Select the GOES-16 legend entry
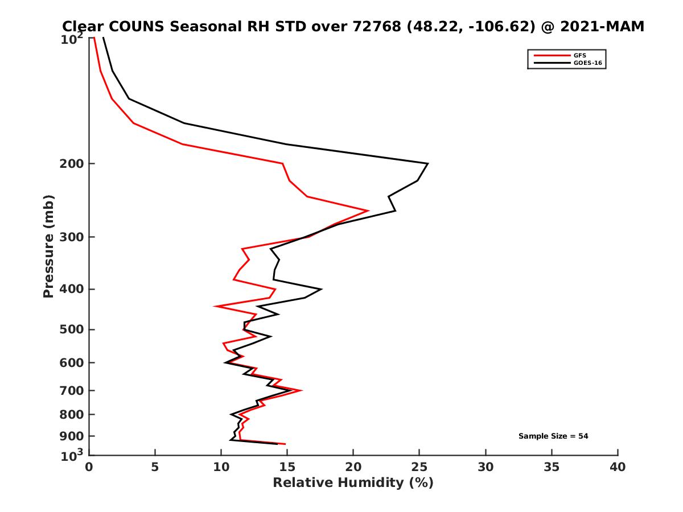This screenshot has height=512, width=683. pos(587,63)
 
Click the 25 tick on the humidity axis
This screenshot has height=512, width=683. pos(419,467)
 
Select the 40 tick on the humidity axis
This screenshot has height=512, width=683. pos(618,467)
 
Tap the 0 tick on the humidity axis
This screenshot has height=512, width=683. pos(89,467)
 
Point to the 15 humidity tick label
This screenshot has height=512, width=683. pos(287,467)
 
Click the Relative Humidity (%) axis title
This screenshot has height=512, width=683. pos(353,483)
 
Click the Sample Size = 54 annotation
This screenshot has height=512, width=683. pos(553,436)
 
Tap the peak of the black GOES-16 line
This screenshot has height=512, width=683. pos(427,164)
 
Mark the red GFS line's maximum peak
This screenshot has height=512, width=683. pos(368,210)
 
